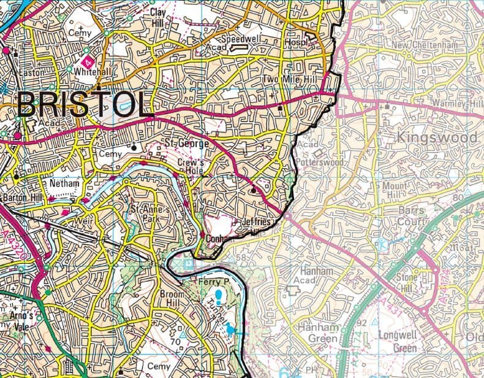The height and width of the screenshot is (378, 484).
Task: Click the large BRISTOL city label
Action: tap(85, 104)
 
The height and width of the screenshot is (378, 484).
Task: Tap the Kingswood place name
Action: tap(436, 137)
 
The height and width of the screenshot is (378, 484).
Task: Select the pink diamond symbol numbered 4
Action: tap(88, 62)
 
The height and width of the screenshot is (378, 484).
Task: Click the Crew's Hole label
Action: tap(190, 168)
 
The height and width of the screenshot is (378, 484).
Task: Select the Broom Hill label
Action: tap(172, 299)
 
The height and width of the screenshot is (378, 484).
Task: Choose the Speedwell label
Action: tap(241, 38)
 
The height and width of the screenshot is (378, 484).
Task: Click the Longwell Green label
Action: tap(398, 341)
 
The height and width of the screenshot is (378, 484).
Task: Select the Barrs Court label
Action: tap(410, 215)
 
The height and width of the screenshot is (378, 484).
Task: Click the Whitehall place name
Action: tap(92, 72)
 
